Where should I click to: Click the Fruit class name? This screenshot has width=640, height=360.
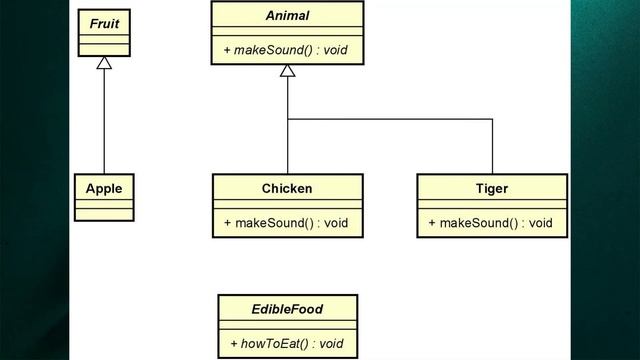[104, 22]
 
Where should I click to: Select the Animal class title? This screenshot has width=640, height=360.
[287, 16]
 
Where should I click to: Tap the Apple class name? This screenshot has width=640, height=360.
[104, 188]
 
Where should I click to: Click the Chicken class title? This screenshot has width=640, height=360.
[287, 188]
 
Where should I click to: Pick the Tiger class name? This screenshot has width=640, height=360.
[492, 188]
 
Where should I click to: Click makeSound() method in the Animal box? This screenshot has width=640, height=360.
[270, 49]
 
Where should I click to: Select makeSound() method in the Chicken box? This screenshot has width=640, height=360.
[270, 222]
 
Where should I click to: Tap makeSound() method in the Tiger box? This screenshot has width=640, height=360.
[475, 222]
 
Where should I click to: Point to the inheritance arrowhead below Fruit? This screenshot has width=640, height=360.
[104, 64]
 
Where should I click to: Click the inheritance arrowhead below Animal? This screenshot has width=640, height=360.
[287, 72]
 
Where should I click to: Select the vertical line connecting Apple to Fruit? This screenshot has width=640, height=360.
[104, 120]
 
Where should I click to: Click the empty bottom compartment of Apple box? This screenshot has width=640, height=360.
[104, 213]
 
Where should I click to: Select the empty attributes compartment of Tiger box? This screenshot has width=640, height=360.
[492, 204]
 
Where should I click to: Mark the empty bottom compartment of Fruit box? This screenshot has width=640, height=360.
[104, 49]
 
